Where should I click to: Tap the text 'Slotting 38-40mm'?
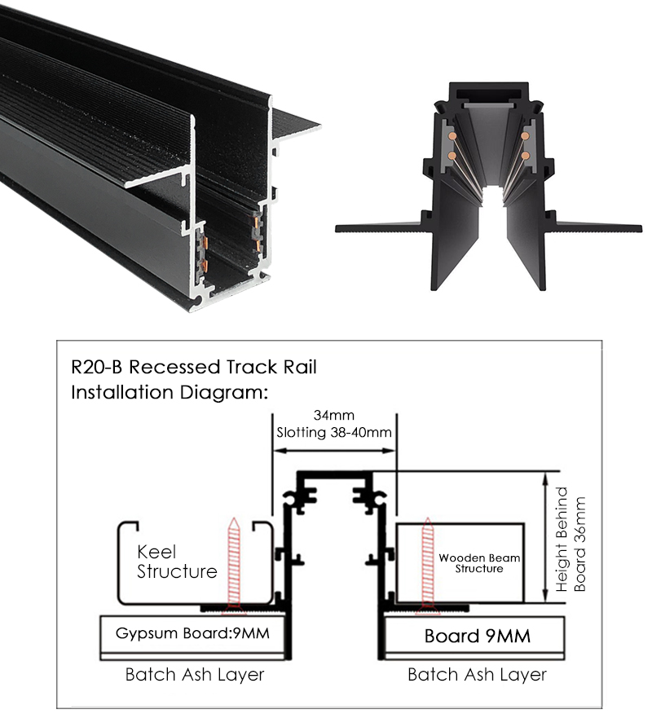333,432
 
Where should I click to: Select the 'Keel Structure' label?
176,561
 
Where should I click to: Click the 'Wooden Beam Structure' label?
479,563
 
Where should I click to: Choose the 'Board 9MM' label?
477,635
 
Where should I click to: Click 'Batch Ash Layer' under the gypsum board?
195,675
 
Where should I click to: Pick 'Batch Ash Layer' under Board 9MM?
477,675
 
